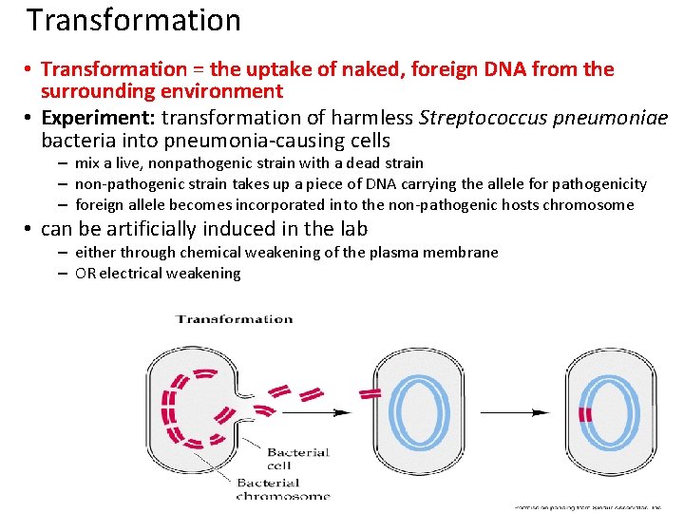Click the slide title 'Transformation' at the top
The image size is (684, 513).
133,20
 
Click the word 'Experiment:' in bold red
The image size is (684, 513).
99,118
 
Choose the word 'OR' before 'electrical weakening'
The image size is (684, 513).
85,274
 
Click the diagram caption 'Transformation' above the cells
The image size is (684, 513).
235,319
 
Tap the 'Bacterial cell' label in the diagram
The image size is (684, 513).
297,458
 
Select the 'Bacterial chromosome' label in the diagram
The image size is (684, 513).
283,489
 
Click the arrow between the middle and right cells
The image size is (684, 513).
514,412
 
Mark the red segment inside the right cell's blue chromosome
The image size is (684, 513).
586,414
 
